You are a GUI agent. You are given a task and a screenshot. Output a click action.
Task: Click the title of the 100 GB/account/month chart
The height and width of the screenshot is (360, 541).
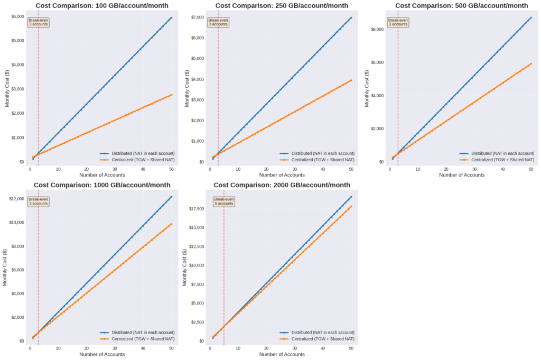[x=102, y=5]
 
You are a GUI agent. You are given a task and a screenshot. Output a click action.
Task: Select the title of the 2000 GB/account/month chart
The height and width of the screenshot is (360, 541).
[x=282, y=185]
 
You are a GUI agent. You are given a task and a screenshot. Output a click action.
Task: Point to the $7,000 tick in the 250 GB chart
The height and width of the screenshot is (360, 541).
[x=197, y=17]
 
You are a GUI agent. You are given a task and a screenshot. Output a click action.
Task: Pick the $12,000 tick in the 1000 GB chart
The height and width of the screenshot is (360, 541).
[x=16, y=199]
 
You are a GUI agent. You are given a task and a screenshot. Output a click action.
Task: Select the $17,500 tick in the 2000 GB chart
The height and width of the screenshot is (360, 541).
[x=196, y=209]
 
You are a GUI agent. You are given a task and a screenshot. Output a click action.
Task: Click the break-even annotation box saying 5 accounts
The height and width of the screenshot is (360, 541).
[x=223, y=201]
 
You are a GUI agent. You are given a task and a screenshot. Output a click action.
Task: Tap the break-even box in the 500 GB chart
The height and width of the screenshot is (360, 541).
[x=398, y=22]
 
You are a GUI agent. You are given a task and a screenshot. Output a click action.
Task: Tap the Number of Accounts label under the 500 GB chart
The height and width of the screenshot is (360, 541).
[x=462, y=175]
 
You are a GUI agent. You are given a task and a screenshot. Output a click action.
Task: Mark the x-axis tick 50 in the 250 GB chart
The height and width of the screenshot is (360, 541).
[x=351, y=169]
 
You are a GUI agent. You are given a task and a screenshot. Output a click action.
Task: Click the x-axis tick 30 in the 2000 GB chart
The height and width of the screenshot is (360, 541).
[x=294, y=348]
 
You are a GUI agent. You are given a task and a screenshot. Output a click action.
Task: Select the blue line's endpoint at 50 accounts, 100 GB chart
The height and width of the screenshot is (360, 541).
[x=171, y=17]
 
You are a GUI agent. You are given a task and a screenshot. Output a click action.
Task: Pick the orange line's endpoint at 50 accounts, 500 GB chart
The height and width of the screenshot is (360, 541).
[x=530, y=63]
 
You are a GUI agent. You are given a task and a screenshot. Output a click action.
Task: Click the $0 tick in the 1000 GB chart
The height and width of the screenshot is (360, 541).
[x=21, y=341]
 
